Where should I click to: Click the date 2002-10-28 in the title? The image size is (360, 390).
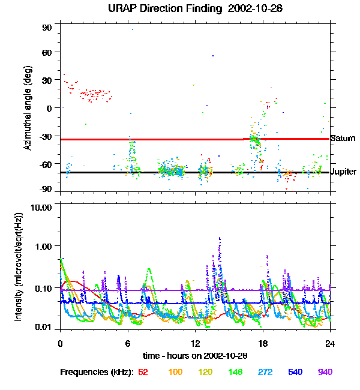(x=244, y=9)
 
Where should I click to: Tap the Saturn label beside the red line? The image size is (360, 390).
(x=343, y=139)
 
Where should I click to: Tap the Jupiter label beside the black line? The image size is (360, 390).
(x=344, y=172)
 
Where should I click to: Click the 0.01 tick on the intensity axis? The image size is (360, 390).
(x=45, y=327)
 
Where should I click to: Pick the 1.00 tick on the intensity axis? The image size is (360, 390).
(x=45, y=246)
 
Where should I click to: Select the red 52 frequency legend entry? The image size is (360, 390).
(x=143, y=372)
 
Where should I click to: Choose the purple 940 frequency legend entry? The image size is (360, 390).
(x=325, y=372)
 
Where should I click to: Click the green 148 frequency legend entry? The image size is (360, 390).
(x=235, y=372)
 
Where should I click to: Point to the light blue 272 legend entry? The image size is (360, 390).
(x=265, y=372)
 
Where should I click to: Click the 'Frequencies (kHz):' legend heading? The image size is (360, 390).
(x=97, y=372)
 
